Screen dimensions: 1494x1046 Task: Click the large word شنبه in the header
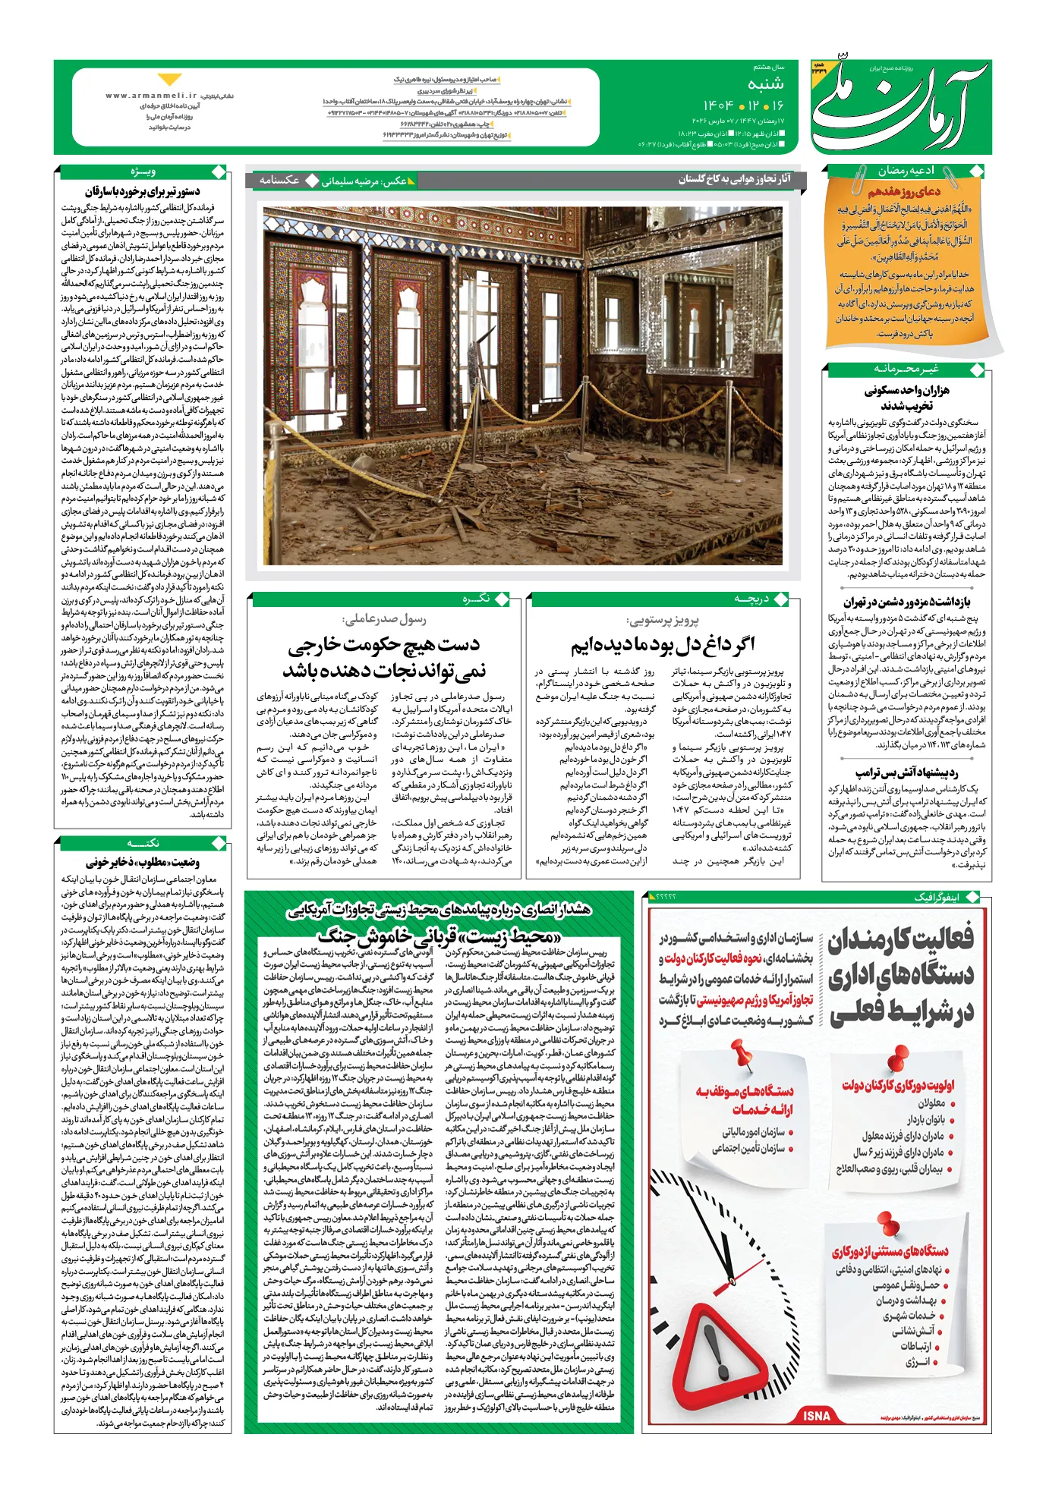pos(765,84)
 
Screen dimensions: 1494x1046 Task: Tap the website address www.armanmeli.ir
pos(151,96)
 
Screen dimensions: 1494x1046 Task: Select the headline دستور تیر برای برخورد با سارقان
pos(143,192)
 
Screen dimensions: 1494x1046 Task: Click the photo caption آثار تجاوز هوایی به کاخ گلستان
pos(734,179)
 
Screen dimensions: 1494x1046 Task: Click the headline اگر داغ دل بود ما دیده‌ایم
pos(663,645)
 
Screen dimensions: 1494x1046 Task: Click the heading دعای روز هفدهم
pos(904,191)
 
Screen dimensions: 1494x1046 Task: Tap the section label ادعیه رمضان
pos(906,171)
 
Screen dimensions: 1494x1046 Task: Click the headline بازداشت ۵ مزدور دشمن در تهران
pos(906,602)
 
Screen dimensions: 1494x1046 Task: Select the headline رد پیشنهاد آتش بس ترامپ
pos(906,772)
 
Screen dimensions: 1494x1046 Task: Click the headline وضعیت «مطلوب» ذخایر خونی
pos(143,863)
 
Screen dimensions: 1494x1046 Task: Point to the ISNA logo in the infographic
pos(816,1416)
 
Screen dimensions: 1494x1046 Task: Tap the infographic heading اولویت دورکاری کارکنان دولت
pos(897,1085)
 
